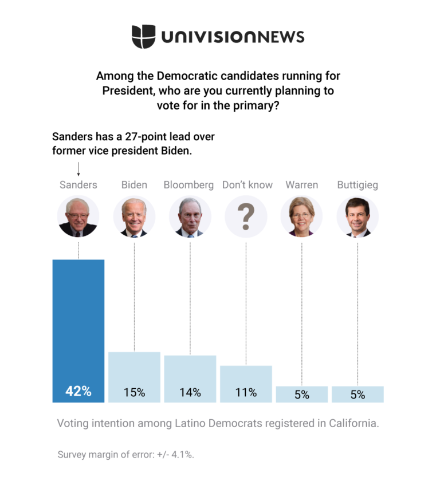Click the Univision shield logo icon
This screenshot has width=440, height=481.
tap(143, 37)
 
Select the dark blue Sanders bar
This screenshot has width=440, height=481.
tap(78, 321)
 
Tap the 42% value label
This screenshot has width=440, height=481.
tap(78, 392)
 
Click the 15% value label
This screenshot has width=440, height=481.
tap(134, 393)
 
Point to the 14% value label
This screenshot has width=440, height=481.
tap(190, 393)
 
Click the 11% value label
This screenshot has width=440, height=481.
tap(246, 393)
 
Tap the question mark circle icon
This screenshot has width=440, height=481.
tap(246, 216)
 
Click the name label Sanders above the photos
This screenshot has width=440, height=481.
tap(78, 185)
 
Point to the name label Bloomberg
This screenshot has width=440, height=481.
tap(188, 185)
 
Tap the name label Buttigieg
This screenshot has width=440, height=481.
tap(357, 185)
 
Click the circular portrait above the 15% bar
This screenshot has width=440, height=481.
tap(134, 216)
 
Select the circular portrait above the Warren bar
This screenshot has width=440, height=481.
tap(302, 216)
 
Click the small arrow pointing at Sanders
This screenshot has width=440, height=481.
tap(78, 169)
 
